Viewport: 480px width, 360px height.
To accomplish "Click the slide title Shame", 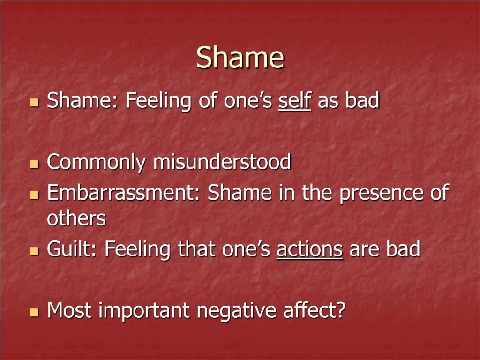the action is coord(240,57).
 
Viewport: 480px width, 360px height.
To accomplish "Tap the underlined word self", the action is coord(295,101).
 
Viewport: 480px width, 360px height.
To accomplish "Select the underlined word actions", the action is coord(309,249).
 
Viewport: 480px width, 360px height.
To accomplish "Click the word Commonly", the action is coord(96,162).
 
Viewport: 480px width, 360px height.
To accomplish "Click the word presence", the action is coord(381,194).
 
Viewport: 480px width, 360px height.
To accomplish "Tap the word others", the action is coord(76,218).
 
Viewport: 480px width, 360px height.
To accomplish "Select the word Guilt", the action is coord(72,248).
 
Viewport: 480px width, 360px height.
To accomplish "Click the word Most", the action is coord(69,310).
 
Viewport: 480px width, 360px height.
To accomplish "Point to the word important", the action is coord(144,311).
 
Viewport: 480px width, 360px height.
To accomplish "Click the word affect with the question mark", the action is coord(315,310).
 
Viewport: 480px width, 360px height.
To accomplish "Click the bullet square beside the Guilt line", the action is coord(34,251).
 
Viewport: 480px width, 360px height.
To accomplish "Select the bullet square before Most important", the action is coord(34,312).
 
